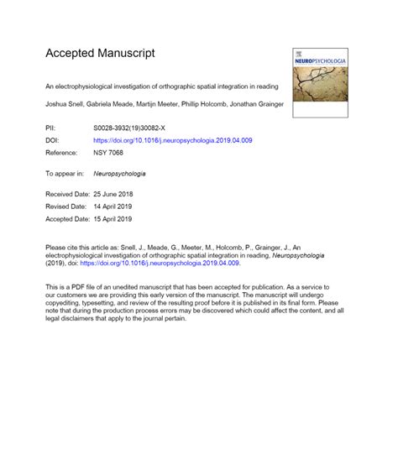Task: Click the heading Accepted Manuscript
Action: (100, 53)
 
